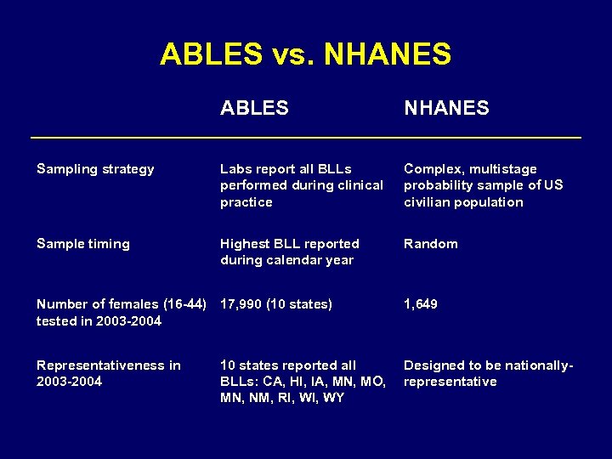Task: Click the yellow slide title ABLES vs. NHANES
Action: click(x=305, y=54)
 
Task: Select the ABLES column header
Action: click(x=254, y=108)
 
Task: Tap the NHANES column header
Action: click(x=446, y=108)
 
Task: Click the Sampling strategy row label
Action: click(x=95, y=169)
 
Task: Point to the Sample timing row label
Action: click(x=83, y=244)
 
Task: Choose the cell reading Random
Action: click(x=430, y=244)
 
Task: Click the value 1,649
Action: click(x=421, y=303)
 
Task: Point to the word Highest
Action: click(x=246, y=244)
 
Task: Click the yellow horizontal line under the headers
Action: click(x=305, y=137)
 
